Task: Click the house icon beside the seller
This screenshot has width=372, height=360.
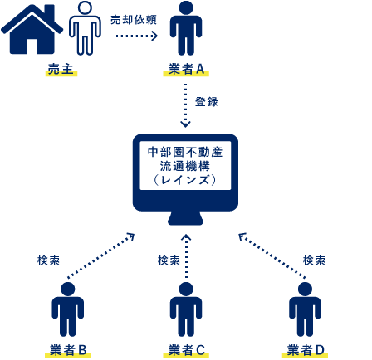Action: coord(32,30)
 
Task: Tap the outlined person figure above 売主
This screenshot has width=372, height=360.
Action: coord(85,28)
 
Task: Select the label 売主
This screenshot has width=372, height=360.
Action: coord(61,69)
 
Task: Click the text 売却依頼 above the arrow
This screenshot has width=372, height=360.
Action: coord(134,20)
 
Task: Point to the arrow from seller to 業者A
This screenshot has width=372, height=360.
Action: coord(137,36)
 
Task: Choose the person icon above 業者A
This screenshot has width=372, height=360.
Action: coord(186,28)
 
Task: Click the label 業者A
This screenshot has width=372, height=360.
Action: coord(186,69)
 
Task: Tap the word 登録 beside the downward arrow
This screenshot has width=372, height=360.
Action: coord(207,102)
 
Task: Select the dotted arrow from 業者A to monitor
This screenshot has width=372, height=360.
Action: coord(185,105)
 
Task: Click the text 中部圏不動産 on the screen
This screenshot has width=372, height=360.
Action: coord(185,152)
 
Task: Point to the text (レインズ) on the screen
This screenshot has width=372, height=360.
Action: coord(185,180)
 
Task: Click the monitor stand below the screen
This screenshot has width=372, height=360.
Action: coord(185,218)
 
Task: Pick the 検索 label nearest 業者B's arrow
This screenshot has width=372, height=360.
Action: coord(48,260)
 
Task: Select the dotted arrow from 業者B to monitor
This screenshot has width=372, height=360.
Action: coord(101,255)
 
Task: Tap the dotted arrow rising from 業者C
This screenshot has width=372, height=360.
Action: coord(186,256)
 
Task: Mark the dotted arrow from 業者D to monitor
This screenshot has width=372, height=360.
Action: coord(272,256)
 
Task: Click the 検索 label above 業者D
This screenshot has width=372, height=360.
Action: coord(314,260)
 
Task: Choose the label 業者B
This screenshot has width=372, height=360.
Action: coord(68,350)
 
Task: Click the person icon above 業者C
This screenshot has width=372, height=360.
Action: coord(186,309)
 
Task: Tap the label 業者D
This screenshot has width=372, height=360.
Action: coord(306,350)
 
